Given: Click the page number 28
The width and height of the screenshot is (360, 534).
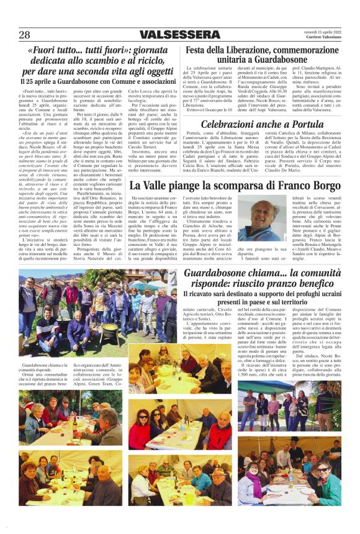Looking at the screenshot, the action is (24, 35).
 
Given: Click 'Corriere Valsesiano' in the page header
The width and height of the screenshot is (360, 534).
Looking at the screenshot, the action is (325, 38).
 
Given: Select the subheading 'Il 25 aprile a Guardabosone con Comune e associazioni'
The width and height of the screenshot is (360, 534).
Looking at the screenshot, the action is (98, 81).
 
